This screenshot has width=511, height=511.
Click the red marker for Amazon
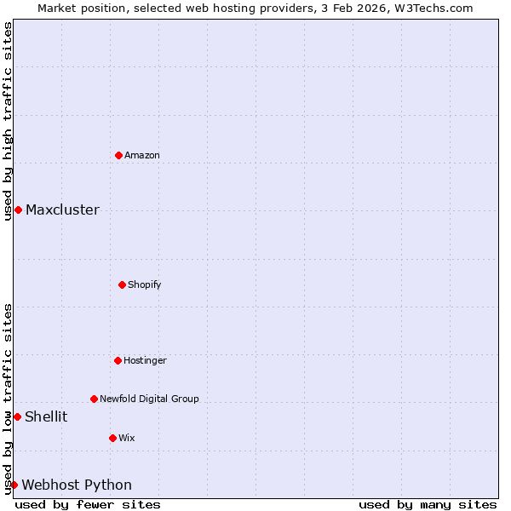point(118,155)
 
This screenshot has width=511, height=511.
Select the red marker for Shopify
point(122,284)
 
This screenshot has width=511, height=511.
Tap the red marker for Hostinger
point(118,360)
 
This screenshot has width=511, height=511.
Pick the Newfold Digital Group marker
point(94,399)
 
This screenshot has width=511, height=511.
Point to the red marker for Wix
point(112,438)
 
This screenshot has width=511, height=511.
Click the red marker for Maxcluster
point(18,210)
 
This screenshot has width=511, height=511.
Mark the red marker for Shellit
point(17,416)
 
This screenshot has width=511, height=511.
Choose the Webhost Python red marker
point(14,485)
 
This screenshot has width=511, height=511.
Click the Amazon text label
point(142,155)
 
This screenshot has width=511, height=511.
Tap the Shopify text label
point(145,284)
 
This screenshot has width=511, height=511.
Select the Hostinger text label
point(145,360)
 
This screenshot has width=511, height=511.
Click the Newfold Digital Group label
point(149,399)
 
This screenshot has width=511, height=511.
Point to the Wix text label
point(127,438)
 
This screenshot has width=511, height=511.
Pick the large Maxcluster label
point(62,210)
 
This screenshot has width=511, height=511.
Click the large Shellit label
point(46,416)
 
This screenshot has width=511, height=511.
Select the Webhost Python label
point(77,485)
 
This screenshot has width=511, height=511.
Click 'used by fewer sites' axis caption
point(88,504)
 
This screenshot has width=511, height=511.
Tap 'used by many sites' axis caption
point(428,504)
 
